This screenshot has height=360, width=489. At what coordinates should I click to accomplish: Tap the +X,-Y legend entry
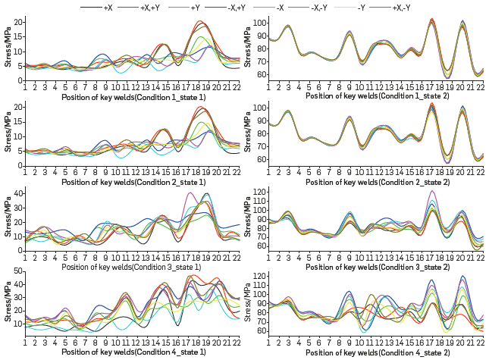point(401,7)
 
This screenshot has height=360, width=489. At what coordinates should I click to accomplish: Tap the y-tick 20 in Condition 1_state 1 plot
point(18,23)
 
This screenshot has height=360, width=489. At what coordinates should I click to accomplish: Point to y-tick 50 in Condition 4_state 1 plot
point(18,271)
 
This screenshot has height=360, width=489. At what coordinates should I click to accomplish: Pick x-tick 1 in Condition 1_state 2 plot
point(269,89)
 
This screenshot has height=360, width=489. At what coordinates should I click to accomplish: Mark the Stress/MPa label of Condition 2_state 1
point(7,131)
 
